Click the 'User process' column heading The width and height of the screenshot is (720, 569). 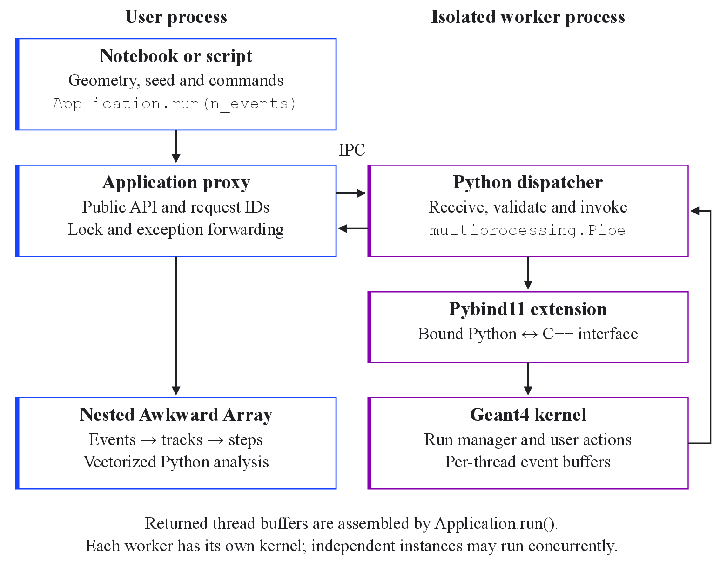(x=176, y=17)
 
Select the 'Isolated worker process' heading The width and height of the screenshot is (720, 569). (x=528, y=17)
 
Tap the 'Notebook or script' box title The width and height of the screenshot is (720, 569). (x=176, y=56)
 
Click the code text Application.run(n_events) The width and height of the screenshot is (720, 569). (x=175, y=104)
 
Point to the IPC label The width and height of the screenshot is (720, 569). (x=352, y=150)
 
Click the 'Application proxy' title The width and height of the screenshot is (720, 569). (x=176, y=183)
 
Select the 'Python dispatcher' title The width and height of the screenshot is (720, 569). (x=528, y=183)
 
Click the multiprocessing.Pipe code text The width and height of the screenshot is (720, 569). (x=527, y=231)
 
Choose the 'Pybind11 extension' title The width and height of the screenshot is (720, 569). (x=528, y=309)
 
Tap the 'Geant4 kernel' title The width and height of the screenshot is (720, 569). (x=528, y=415)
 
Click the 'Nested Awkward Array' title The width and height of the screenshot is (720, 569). (x=176, y=415)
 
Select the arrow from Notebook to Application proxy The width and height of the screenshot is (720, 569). (x=176, y=146)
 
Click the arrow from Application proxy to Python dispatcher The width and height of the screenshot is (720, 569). (x=351, y=193)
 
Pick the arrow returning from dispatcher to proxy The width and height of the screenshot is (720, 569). (x=353, y=228)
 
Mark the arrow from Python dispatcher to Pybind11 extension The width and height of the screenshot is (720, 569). (x=528, y=273)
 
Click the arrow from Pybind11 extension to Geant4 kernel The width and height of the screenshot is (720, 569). (x=528, y=379)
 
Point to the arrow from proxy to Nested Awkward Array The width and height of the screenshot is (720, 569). (x=176, y=326)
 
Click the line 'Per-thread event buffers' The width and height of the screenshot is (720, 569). (x=528, y=462)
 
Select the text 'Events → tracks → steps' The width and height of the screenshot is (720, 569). (x=176, y=439)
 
